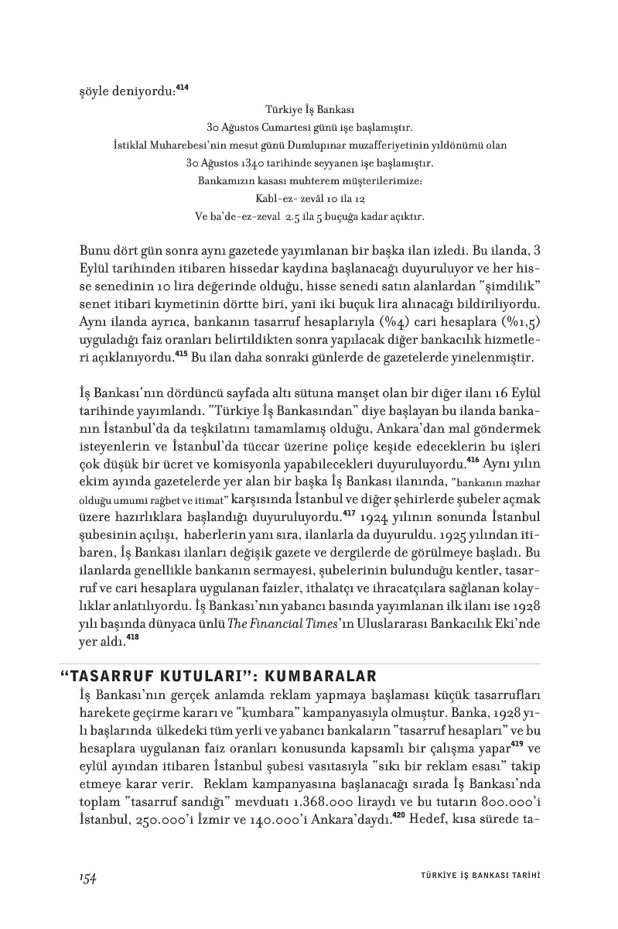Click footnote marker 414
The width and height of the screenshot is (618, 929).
[182, 87]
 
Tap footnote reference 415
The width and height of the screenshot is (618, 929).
[182, 354]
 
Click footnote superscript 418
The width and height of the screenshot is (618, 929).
[132, 616]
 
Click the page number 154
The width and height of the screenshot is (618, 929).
[87, 876]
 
